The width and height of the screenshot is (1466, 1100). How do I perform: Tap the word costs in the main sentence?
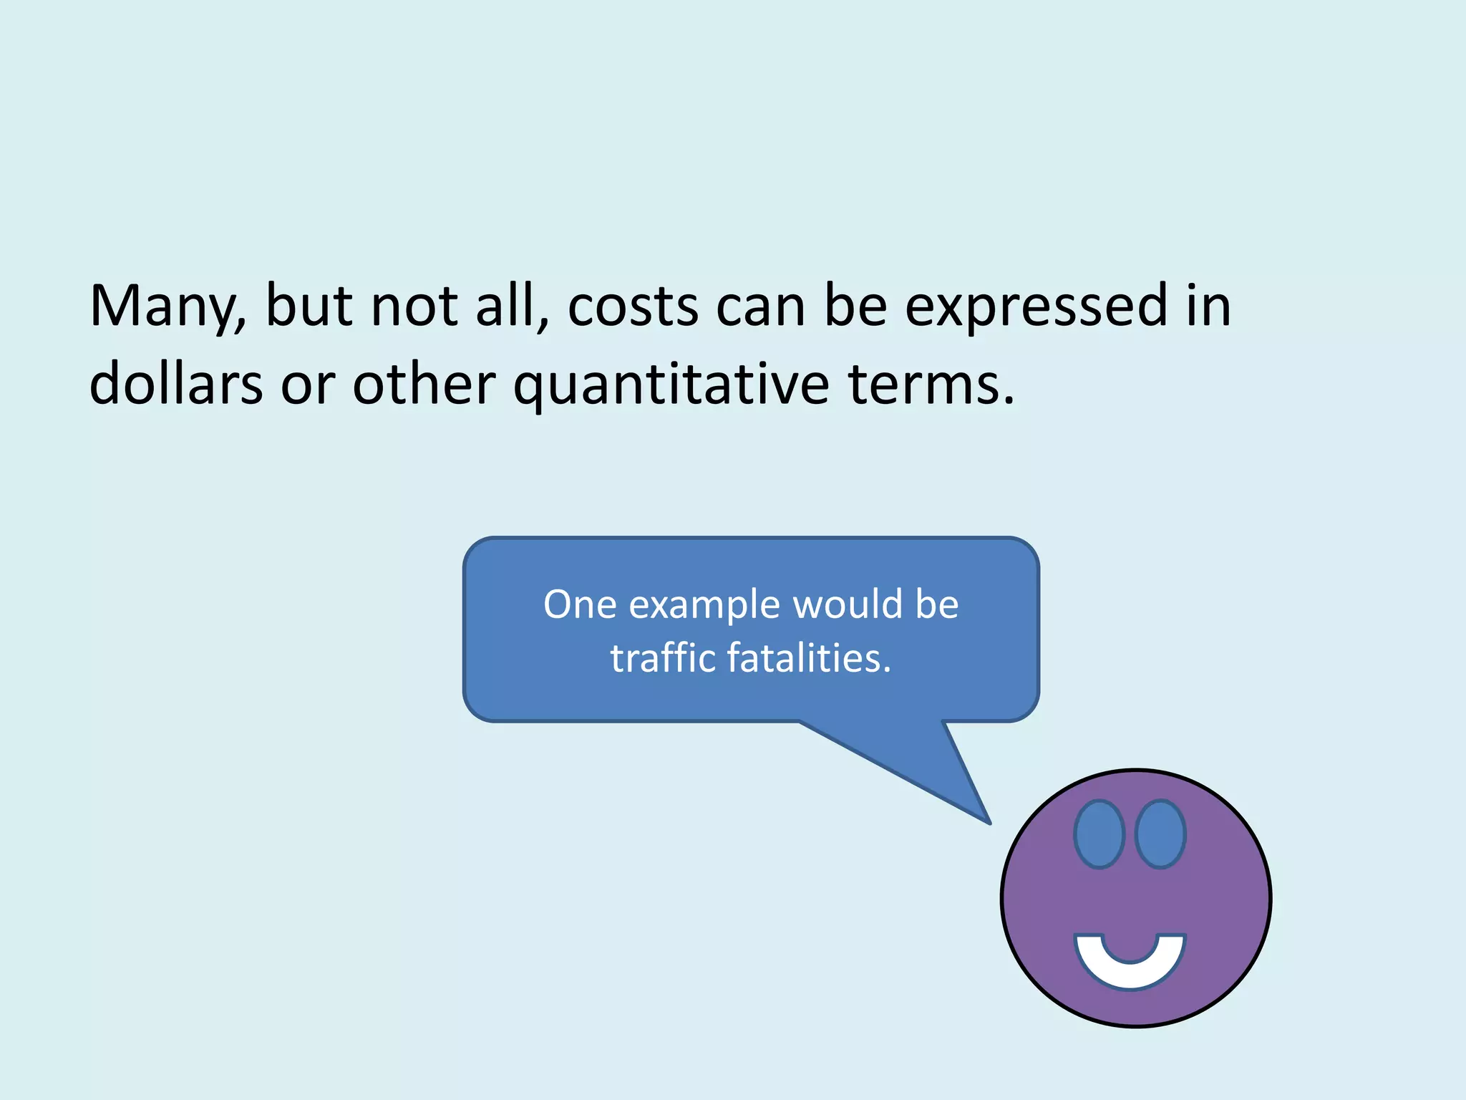click(x=633, y=307)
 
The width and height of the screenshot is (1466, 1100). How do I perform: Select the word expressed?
click(x=1036, y=307)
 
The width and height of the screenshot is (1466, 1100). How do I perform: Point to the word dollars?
click(x=176, y=384)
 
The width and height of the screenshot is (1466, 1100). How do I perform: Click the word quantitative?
click(x=671, y=384)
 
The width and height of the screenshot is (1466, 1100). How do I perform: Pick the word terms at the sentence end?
click(x=931, y=384)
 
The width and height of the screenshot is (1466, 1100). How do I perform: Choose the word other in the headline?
click(x=424, y=384)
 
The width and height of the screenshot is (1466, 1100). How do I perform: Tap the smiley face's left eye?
click(x=1099, y=834)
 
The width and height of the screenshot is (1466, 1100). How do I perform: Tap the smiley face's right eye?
click(x=1160, y=834)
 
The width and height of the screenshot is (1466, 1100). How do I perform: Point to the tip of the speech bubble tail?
click(x=989, y=822)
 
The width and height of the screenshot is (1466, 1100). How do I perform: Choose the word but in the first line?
click(x=309, y=307)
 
